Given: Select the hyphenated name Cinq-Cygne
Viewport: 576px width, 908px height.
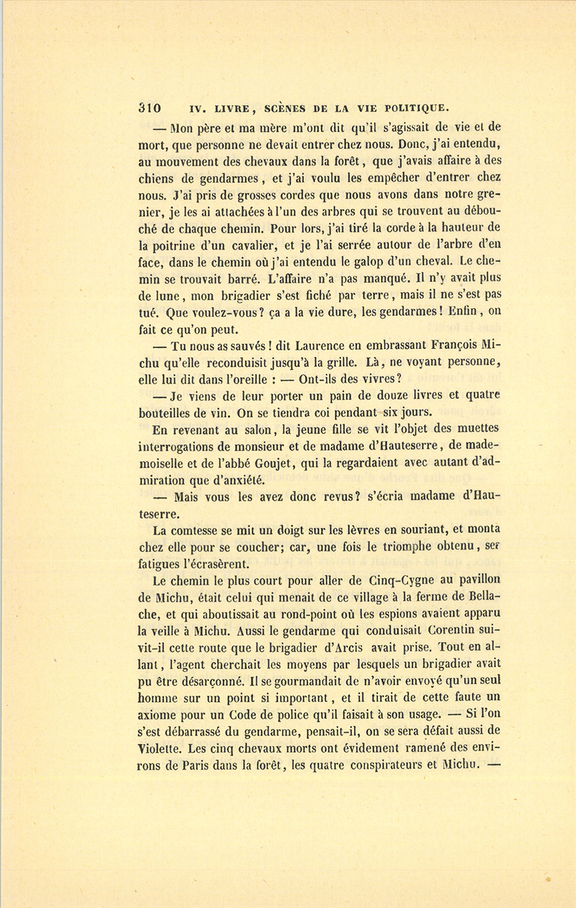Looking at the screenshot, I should (x=403, y=581).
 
